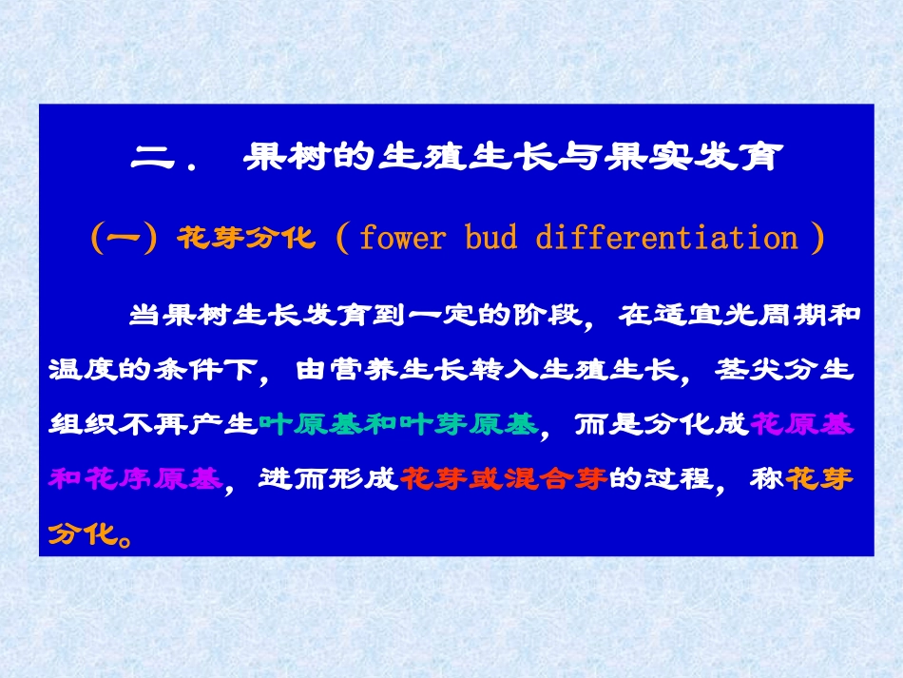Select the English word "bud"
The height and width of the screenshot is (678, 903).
coord(491,238)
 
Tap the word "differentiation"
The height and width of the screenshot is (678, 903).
coord(666,238)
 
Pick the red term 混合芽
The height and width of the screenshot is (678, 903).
coord(554,479)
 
